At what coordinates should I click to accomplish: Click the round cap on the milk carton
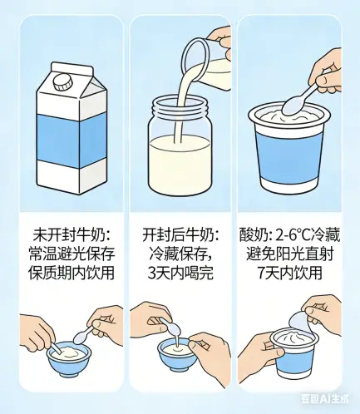pyautogui.click(x=63, y=82)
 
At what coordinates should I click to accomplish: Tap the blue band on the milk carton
pyautogui.click(x=72, y=141)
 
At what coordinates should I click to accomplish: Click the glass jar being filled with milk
pyautogui.click(x=180, y=144)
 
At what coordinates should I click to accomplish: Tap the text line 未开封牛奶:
pyautogui.click(x=72, y=236)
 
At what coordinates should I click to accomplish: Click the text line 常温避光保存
pyautogui.click(x=72, y=254)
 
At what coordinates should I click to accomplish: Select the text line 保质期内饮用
pyautogui.click(x=72, y=273)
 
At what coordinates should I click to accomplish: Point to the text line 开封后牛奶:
pyautogui.click(x=180, y=236)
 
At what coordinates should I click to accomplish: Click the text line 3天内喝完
pyautogui.click(x=180, y=273)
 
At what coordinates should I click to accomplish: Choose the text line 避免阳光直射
pyautogui.click(x=289, y=254)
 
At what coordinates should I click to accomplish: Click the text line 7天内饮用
pyautogui.click(x=289, y=273)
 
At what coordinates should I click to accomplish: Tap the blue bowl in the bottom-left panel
pyautogui.click(x=69, y=357)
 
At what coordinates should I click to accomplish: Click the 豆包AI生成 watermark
pyautogui.click(x=325, y=399)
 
